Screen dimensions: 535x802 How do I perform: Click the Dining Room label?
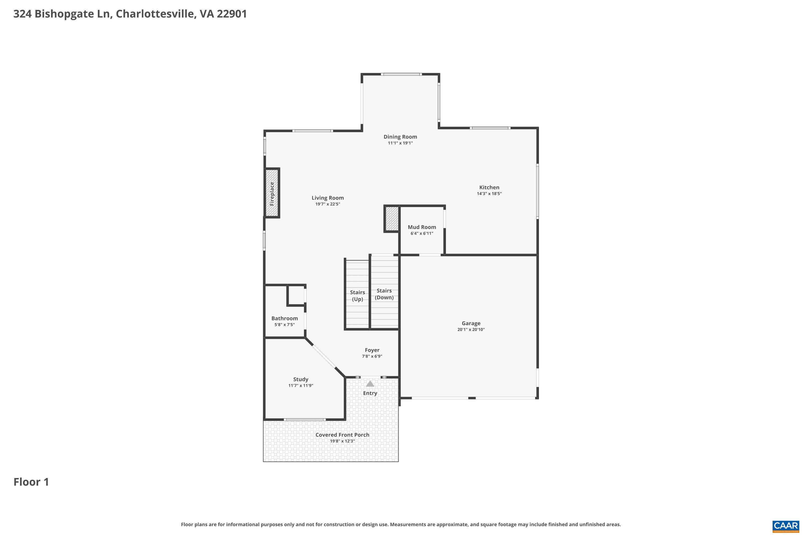(400, 137)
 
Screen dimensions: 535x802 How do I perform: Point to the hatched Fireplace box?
(272, 193)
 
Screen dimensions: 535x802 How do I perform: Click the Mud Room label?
(422, 227)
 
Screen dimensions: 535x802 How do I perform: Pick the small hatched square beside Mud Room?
(392, 219)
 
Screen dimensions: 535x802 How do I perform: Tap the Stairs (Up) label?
(357, 296)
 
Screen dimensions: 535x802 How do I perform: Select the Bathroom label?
(284, 318)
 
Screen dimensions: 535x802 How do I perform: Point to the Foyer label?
(372, 350)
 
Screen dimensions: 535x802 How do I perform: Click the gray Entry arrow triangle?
(370, 384)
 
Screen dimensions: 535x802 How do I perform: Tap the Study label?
(300, 379)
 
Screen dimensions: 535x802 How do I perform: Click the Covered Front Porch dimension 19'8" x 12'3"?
(342, 441)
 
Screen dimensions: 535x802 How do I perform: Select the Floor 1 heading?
(31, 482)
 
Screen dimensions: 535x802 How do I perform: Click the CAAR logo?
(786, 526)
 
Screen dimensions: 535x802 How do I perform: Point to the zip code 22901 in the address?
(232, 14)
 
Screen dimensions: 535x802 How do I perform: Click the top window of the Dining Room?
(401, 74)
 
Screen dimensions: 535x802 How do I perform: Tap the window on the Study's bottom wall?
(304, 419)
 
